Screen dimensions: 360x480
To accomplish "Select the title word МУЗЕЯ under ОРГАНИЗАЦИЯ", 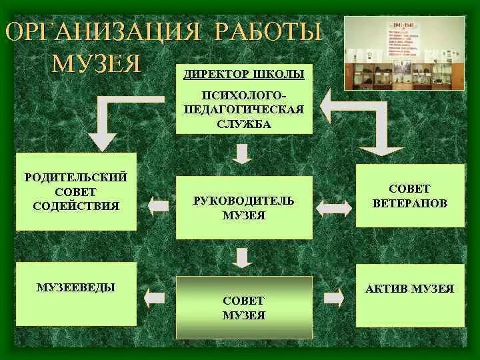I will (97, 63).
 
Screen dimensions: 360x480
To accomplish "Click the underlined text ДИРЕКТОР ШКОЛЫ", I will (244, 74).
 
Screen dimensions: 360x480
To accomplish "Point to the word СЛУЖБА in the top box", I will (244, 123).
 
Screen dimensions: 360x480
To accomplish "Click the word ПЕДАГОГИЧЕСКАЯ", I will (244, 109).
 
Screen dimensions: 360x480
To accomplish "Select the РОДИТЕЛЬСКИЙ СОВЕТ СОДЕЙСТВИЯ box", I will (76, 192).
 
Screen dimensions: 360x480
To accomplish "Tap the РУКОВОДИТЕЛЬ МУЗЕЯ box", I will (244, 207).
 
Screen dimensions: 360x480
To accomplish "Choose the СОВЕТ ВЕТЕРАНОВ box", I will (410, 196).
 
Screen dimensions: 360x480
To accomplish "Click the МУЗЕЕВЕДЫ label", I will (76, 287).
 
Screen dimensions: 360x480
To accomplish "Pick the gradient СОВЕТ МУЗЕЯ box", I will (244, 308).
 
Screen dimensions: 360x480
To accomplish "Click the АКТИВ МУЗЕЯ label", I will (410, 289).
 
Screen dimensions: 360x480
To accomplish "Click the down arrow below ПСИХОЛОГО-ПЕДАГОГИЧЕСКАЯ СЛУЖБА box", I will (243, 153).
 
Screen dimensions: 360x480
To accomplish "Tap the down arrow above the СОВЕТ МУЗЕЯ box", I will (243, 257).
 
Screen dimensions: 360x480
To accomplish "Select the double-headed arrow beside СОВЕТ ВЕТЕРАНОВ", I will (333, 207).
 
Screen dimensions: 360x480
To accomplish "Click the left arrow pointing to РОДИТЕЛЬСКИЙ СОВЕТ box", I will (159, 206).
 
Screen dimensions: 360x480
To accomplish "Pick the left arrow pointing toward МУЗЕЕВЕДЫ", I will (156, 297).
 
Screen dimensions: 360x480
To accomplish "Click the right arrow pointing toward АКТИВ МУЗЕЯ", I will (333, 298).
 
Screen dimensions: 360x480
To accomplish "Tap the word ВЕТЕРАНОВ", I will (410, 203).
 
